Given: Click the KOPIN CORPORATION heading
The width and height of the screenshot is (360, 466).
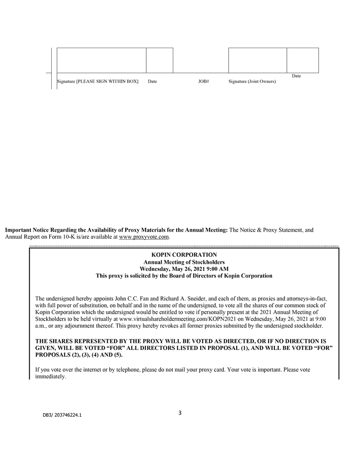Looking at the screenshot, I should coord(184,255).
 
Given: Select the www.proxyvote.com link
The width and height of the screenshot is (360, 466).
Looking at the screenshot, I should coord(144,237).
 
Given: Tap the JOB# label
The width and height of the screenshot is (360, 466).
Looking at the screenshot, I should coord(204,82).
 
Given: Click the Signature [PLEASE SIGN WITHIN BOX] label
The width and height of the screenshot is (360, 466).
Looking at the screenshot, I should coord(98,82).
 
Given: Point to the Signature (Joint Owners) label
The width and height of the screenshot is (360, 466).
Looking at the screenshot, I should coord(252,82).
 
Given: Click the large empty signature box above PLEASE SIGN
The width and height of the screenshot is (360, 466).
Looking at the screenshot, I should coord(102,60).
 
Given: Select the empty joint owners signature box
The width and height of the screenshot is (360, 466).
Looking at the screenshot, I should coord(257,60).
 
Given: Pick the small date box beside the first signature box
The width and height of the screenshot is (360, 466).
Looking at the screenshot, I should coord(160,60).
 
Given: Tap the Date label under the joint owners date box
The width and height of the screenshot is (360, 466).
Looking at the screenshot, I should coord(296,76).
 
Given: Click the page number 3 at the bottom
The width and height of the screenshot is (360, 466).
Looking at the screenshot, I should coord(180,412).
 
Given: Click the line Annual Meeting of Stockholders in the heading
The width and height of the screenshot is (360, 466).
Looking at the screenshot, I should coord(184,262).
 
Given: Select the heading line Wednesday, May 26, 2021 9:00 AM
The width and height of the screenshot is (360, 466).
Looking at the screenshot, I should coord(184,269).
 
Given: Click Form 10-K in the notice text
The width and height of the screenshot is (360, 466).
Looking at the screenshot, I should coord(55,237).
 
